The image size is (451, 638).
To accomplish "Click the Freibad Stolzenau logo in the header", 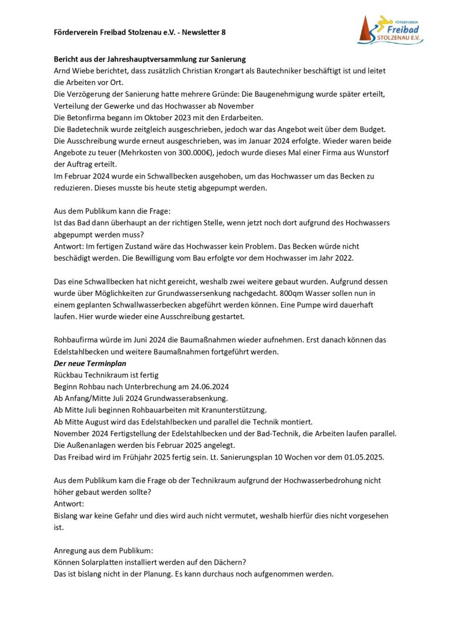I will (390, 30).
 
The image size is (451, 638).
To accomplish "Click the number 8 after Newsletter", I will (223, 33).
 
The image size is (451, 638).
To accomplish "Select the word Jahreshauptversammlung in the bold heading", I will (154, 59).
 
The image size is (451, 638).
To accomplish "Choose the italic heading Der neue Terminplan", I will (86, 363).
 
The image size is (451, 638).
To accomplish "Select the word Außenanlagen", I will (91, 445).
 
